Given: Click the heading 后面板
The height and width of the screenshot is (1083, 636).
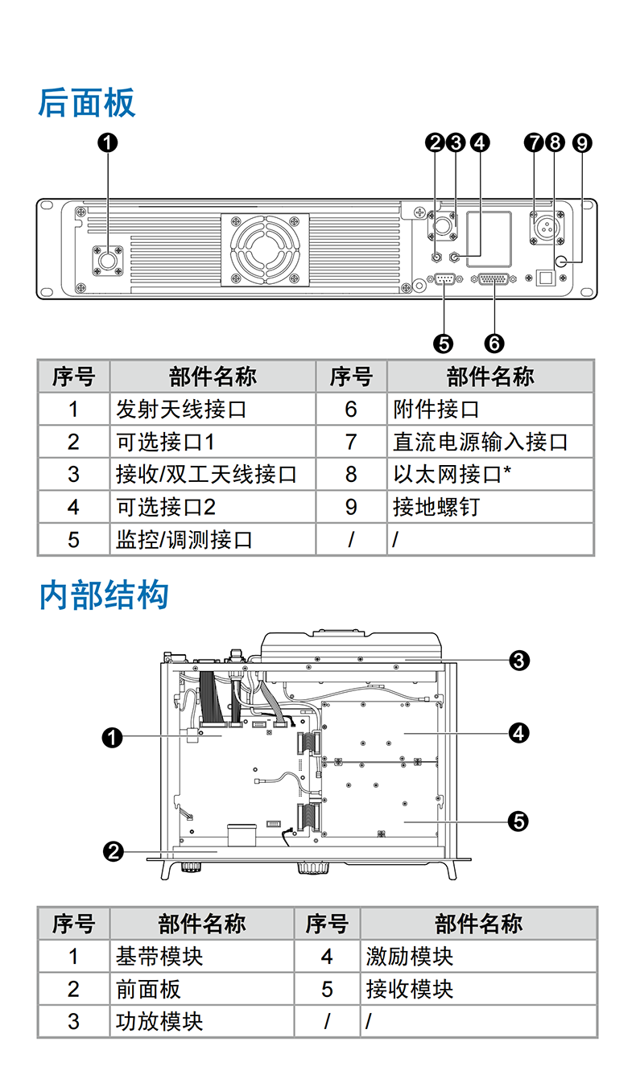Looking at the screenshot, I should point(87,103).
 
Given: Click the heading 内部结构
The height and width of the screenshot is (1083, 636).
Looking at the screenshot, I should point(104,595).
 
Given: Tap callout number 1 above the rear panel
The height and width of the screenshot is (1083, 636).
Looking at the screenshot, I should point(107,142).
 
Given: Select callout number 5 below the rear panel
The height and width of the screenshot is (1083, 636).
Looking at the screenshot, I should point(443,343).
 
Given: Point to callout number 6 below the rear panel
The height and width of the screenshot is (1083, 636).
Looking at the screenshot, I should point(494,343).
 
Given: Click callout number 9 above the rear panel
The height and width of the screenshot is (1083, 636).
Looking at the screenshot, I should point(581,142).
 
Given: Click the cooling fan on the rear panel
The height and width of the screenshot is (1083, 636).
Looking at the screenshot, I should point(265,249).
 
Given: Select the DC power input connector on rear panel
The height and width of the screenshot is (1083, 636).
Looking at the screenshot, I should point(546,228).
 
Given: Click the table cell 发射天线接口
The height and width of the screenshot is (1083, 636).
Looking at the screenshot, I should point(180,410).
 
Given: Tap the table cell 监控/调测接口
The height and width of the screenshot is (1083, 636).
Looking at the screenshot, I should point(184,539).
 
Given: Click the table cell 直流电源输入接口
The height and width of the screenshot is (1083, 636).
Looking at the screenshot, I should point(480,442).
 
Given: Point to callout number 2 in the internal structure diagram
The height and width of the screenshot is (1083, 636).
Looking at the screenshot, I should point(114,850).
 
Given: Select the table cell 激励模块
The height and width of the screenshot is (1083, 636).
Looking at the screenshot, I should point(410,957).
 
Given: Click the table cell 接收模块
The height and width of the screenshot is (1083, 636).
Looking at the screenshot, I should point(410,989).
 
